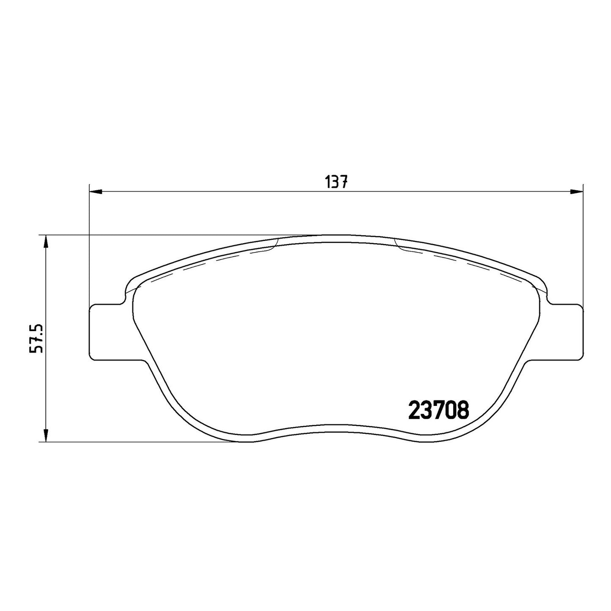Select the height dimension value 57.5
click(x=36, y=338)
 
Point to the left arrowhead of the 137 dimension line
click(x=96, y=192)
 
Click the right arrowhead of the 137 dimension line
click(x=576, y=192)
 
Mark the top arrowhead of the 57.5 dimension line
click(x=46, y=241)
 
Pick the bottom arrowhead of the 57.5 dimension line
click(x=46, y=435)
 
